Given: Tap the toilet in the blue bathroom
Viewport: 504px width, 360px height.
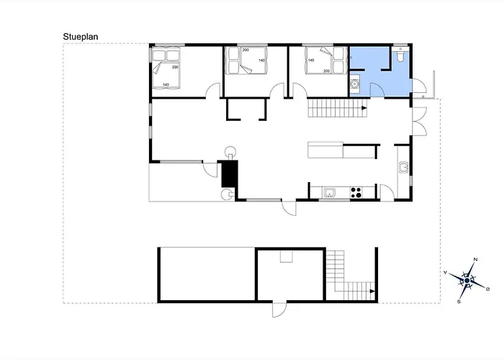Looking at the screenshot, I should pos(400,57).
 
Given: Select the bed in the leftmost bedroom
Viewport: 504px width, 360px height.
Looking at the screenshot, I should pos(166,68).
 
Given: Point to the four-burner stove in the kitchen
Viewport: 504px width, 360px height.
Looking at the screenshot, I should pos(355,192).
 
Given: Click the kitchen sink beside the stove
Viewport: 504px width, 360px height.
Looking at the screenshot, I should pos(329,192).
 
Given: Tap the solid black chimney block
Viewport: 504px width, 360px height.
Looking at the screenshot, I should pos(230,174).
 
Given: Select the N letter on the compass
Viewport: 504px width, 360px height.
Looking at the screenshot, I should pos(475,259).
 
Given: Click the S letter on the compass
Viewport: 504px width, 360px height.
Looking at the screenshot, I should pos(459,302).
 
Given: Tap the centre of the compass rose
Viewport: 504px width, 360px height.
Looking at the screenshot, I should pos(467,280).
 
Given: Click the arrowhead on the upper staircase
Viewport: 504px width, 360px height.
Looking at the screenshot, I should pos(364,109).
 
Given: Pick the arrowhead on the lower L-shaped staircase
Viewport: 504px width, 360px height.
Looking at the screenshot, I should pos(372,291).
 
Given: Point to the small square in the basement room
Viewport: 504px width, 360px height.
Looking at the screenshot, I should pos(287,256).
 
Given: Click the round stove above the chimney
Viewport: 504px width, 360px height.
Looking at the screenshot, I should pos(231,152).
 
